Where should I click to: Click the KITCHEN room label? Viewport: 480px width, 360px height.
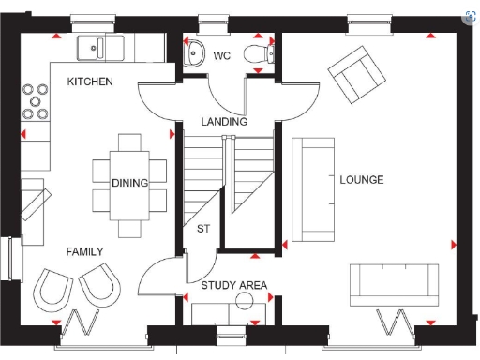[90, 82]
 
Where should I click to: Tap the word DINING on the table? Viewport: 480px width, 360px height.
[129, 183]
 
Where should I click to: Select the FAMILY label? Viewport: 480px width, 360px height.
[84, 252]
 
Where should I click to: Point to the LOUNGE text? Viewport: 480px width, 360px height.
[361, 180]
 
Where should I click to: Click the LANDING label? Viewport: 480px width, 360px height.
[225, 122]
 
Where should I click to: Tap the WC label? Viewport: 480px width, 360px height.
[222, 56]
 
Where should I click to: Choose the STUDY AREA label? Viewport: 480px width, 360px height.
[234, 285]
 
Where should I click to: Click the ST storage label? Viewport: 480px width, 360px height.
[203, 229]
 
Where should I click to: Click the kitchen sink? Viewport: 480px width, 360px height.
[95, 46]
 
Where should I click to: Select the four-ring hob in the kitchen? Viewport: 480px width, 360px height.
[37, 102]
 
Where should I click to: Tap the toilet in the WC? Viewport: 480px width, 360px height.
[255, 55]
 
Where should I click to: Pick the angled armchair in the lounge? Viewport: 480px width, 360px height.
[352, 71]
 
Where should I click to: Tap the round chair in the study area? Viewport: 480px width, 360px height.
[246, 302]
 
